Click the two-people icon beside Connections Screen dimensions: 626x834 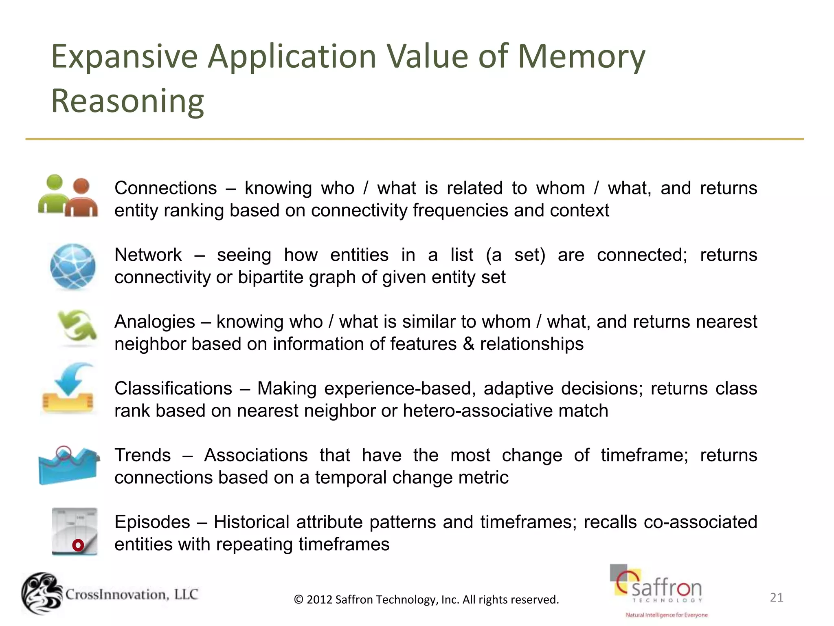click(x=68, y=196)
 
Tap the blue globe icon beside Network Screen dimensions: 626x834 click(x=73, y=267)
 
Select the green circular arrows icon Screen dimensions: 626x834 click(x=77, y=326)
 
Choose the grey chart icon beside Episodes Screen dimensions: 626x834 click(x=75, y=531)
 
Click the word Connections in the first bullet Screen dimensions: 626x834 click(x=166, y=188)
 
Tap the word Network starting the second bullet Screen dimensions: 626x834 click(x=148, y=255)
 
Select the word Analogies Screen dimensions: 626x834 click(x=155, y=322)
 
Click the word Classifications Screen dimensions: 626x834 click(x=173, y=388)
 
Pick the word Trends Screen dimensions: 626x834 click(x=143, y=455)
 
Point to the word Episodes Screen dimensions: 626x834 click(x=152, y=522)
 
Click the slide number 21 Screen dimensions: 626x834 click(x=777, y=597)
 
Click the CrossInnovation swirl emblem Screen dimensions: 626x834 click(x=42, y=593)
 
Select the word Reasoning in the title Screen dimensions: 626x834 click(x=127, y=101)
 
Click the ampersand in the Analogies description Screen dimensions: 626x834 click(x=468, y=344)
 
